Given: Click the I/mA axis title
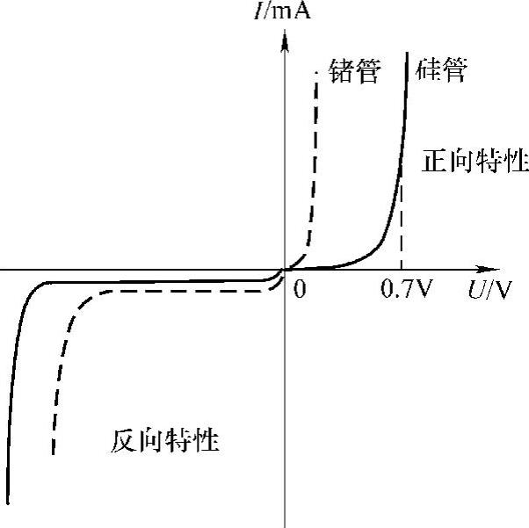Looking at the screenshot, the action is click(283, 11).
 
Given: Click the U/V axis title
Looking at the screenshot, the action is click(489, 290).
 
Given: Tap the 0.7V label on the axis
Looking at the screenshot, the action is click(407, 290).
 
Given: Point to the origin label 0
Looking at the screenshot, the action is click(300, 290).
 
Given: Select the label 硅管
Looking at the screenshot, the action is click(445, 69).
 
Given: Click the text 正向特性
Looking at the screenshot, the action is click(475, 162).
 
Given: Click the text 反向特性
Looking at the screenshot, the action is click(165, 439).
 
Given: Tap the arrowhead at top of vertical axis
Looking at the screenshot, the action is click(285, 40).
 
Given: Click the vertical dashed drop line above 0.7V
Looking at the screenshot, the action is click(402, 228).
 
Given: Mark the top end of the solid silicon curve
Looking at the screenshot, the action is click(408, 54).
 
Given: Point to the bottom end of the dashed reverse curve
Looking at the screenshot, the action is click(54, 455).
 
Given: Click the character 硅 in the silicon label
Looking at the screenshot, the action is click(431, 69).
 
